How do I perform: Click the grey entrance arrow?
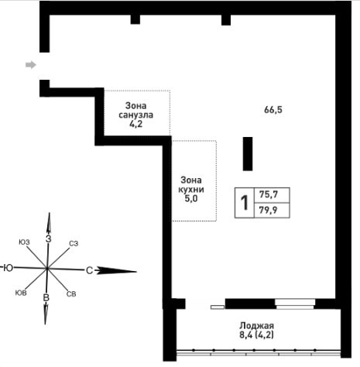pos(31,65)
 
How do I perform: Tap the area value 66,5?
pos(273,110)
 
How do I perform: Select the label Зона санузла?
pos(135,110)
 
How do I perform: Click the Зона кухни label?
pos(191,184)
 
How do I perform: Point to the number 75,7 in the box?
pos(269,194)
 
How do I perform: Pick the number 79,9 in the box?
pos(269,210)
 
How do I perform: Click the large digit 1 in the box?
pos(244,203)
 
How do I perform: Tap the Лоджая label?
pos(256,325)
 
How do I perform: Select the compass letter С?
pos(89,270)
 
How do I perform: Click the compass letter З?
pos(48,239)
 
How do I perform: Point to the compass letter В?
pos(46,297)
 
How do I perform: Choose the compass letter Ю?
pos(9,268)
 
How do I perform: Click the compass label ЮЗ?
pos(24,242)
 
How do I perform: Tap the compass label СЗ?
pos(74,243)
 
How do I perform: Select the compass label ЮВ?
pos(21,293)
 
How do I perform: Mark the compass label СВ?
pos(71,294)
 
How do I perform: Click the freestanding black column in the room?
pos(248,154)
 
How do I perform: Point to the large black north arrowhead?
pos(116,271)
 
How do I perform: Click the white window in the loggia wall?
pos(295,304)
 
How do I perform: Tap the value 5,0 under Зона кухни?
pos(191,199)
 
